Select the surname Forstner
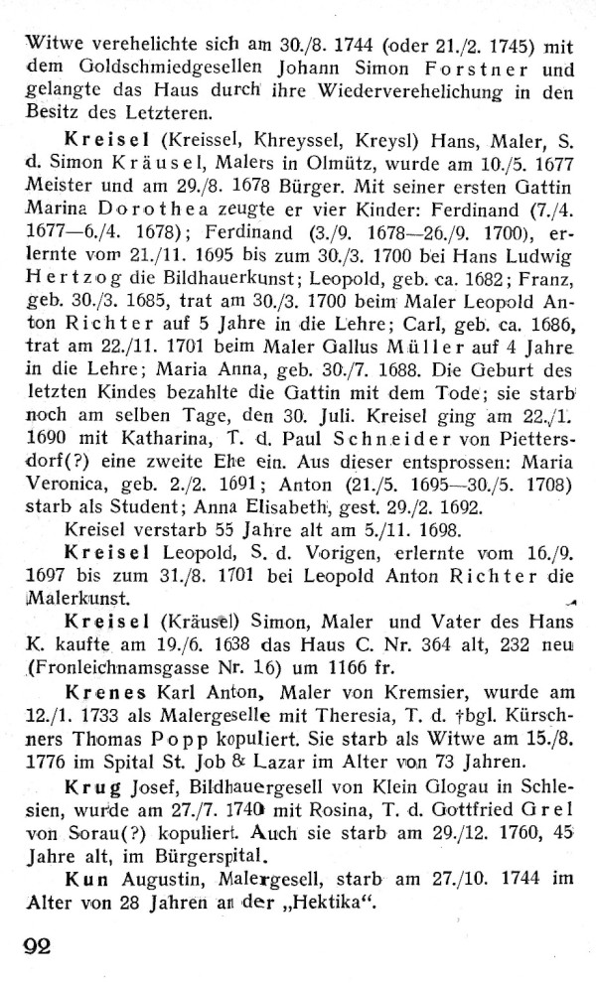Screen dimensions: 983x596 468,68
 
